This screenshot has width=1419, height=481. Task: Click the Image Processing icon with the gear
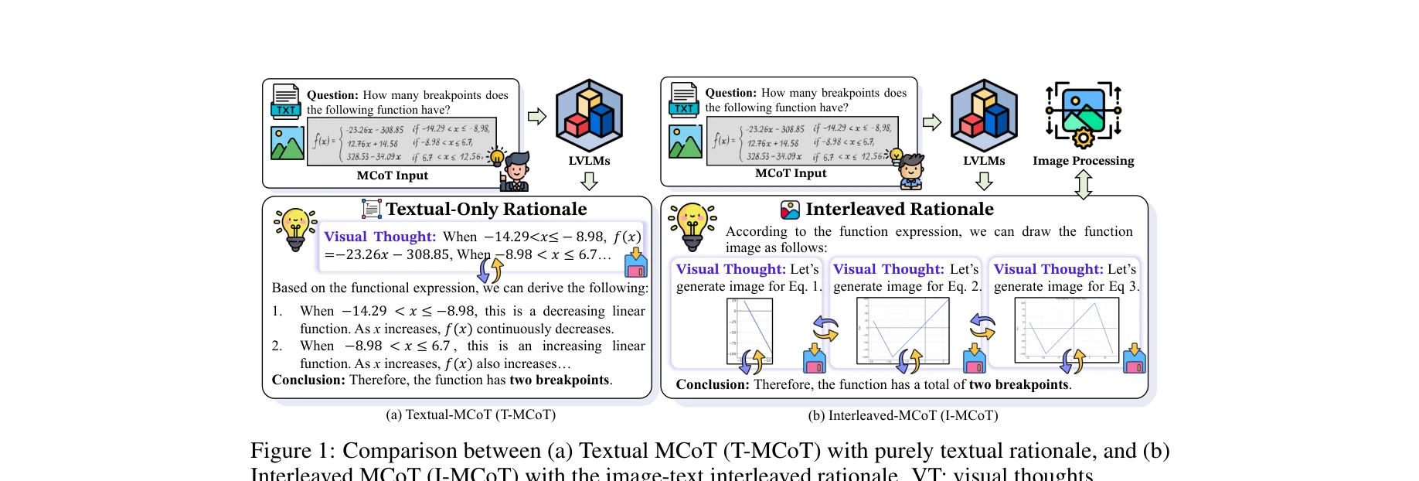pos(1083,114)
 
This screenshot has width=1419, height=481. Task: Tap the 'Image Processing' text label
pos(1083,161)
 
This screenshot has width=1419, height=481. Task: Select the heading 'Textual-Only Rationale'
pos(486,209)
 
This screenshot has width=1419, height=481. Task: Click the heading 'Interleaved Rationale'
pos(900,209)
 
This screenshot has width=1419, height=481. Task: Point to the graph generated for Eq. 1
pos(750,331)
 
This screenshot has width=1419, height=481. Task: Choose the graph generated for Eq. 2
pos(902,331)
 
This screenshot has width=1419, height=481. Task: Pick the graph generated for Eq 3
pos(1066,329)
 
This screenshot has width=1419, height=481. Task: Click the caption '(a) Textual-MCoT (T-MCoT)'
pos(471,414)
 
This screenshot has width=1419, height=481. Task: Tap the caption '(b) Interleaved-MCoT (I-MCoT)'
pos(903,415)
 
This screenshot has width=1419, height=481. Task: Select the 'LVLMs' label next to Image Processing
pos(984,161)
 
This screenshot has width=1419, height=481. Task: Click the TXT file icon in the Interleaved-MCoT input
pos(684,99)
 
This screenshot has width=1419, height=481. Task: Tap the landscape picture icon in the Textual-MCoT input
pos(287,143)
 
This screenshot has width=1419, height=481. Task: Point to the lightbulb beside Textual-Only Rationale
pos(295,229)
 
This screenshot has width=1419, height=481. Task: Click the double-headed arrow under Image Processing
pos(1083,184)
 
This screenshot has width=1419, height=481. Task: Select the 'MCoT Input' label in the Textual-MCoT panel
pos(392,176)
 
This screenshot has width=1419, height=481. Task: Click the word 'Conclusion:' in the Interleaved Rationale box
pos(712,384)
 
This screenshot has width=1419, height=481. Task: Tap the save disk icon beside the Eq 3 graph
pos(1134,360)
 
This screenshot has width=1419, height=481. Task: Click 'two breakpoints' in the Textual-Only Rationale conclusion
pos(560,380)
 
